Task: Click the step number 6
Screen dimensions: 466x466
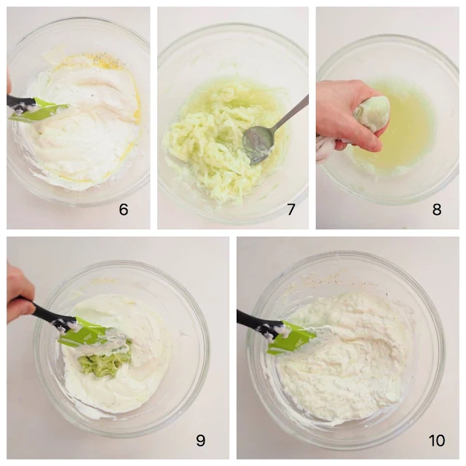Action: [x=123, y=210]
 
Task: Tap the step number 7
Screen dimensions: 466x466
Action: [x=291, y=210]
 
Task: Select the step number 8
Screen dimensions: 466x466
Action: [x=437, y=210]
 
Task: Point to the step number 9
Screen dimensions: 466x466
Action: [x=201, y=440]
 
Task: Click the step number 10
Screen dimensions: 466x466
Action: [x=437, y=440]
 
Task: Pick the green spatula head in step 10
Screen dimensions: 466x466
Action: [x=291, y=338]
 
